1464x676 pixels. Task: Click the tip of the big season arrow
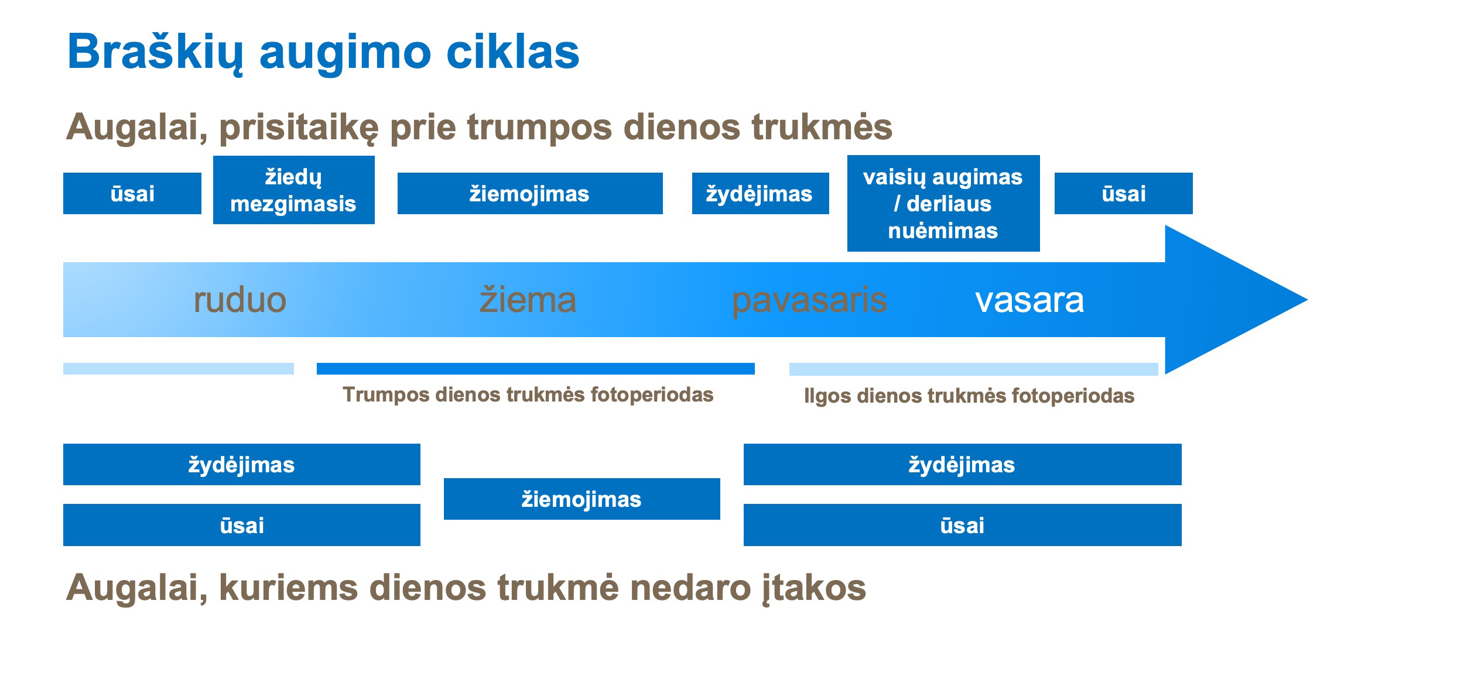tap(1307, 300)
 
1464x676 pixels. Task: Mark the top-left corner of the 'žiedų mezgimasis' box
tap(213, 156)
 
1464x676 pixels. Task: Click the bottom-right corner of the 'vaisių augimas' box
tap(1040, 252)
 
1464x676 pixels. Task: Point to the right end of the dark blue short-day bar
tap(755, 369)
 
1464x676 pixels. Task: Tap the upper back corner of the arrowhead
tap(1165, 226)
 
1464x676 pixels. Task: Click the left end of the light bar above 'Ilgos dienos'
tap(789, 369)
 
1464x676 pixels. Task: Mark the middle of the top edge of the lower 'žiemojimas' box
tap(582, 478)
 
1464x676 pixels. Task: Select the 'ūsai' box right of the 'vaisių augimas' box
tap(1124, 193)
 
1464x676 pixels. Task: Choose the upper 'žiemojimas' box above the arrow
tap(530, 193)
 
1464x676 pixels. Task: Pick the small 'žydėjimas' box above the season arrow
tap(761, 193)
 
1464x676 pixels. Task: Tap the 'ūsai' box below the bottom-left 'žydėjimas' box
tap(242, 525)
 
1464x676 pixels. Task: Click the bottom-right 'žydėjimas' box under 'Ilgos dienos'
tap(963, 464)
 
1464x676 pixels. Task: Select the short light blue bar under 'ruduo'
tap(179, 369)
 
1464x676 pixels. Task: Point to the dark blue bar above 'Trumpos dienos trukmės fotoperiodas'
tap(536, 369)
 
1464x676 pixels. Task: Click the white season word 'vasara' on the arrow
tap(1029, 300)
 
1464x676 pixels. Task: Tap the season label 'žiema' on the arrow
tap(528, 300)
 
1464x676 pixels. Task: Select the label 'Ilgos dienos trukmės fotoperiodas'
tap(969, 396)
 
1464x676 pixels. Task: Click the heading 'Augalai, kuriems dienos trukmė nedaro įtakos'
tap(466, 588)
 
